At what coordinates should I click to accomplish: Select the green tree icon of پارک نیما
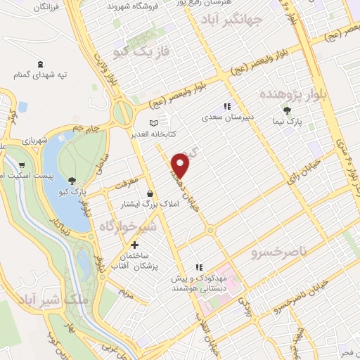tap(287, 110)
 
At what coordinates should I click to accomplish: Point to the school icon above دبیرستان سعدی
tap(226, 106)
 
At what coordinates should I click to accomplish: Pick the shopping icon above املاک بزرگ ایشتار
tap(149, 193)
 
